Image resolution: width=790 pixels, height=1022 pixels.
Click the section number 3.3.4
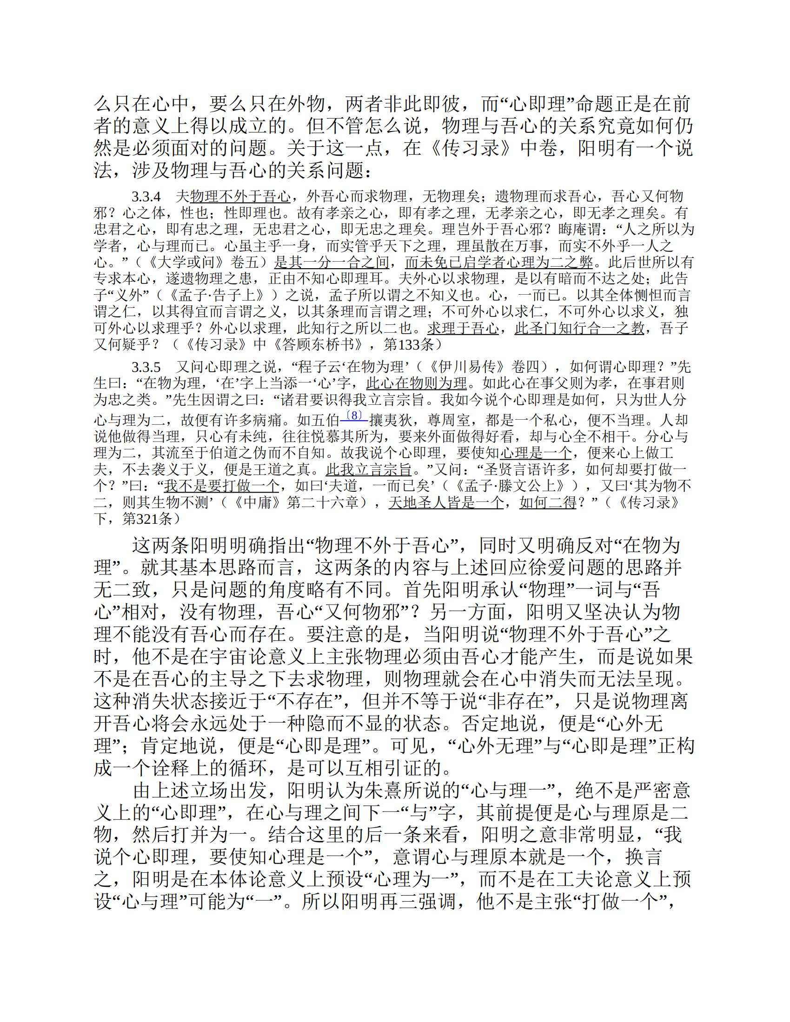point(146,197)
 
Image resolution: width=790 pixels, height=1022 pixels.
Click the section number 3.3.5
point(146,367)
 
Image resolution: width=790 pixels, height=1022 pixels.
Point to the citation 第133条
point(409,345)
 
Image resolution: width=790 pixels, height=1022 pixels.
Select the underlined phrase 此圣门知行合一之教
point(579,329)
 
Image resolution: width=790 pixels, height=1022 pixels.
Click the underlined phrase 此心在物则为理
point(416,384)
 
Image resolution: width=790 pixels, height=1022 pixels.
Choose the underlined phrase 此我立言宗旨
point(369,469)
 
